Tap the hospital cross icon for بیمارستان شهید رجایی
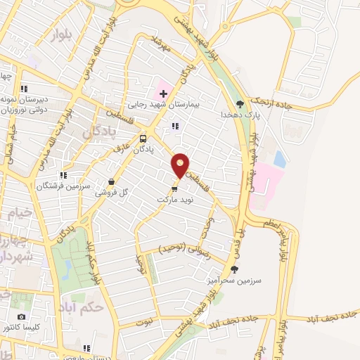pos(163,94)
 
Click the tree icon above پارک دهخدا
pos(240,103)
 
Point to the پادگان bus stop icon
pos(143,139)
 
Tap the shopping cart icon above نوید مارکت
pos(175,188)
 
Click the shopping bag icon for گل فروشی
pos(111,181)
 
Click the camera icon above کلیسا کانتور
pos(20,317)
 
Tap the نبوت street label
pos(143,321)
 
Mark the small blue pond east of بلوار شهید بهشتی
pos(280,160)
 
